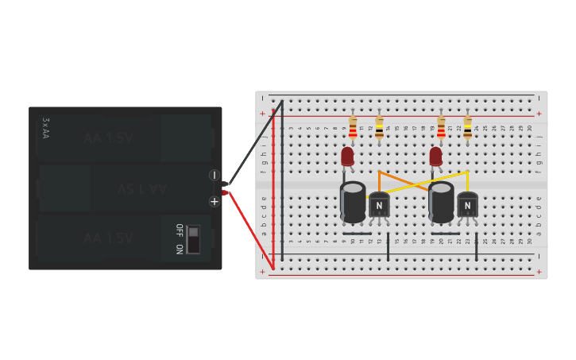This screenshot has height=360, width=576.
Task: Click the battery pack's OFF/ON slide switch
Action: click(x=193, y=239)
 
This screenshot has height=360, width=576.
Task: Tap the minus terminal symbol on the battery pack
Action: click(x=215, y=175)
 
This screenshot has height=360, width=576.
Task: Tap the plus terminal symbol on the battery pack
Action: click(x=215, y=202)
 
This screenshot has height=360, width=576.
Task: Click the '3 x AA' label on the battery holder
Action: click(x=45, y=128)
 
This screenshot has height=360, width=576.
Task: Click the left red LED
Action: click(x=347, y=157)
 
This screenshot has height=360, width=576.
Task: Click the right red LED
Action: click(x=435, y=157)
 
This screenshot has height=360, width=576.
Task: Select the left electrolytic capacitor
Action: click(x=353, y=202)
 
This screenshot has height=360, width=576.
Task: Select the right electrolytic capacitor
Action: click(x=441, y=202)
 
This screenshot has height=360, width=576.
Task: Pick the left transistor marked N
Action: click(x=379, y=205)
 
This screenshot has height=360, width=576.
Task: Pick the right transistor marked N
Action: click(x=467, y=205)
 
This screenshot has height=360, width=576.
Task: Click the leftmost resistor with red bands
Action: click(x=353, y=127)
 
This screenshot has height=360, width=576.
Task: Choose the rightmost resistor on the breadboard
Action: click(x=467, y=127)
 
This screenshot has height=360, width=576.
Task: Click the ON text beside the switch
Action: click(x=179, y=249)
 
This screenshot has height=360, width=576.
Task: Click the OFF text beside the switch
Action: click(x=179, y=230)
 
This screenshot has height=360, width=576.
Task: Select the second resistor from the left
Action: click(x=379, y=127)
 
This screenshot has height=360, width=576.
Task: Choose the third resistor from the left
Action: click(x=441, y=127)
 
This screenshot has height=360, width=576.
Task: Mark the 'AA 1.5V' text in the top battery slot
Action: click(x=109, y=138)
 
